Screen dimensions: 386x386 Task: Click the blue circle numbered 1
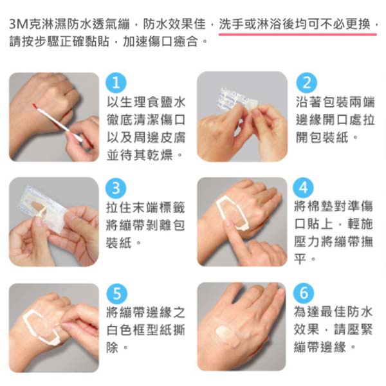point(116,82)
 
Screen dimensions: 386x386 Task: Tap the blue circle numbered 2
point(306,83)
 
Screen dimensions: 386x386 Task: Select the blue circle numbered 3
point(116,188)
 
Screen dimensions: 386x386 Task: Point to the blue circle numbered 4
point(303,188)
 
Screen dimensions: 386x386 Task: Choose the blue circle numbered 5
point(116,294)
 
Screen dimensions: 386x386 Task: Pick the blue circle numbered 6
point(304,293)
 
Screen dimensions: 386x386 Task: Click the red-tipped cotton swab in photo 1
point(59,123)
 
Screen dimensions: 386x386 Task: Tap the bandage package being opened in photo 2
point(237,100)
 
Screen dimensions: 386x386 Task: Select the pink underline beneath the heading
point(298,35)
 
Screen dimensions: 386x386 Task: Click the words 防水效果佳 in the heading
point(174,24)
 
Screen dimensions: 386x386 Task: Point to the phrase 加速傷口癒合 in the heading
point(160,41)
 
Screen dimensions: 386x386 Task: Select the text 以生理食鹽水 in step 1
point(146,102)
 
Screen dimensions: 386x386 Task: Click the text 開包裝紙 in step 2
point(322,137)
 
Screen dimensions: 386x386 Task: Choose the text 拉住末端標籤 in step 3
point(145,208)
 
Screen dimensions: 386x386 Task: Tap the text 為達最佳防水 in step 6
point(333,311)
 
